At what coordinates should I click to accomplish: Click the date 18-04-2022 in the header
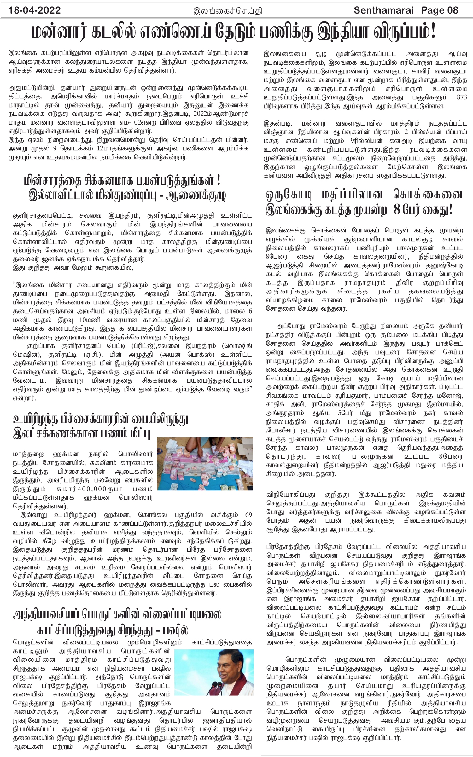(35, 10)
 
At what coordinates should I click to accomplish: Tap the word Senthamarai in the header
(383, 10)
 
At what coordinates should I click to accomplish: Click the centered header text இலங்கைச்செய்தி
(228, 11)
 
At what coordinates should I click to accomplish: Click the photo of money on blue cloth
(205, 463)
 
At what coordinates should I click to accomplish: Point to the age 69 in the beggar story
(248, 515)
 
